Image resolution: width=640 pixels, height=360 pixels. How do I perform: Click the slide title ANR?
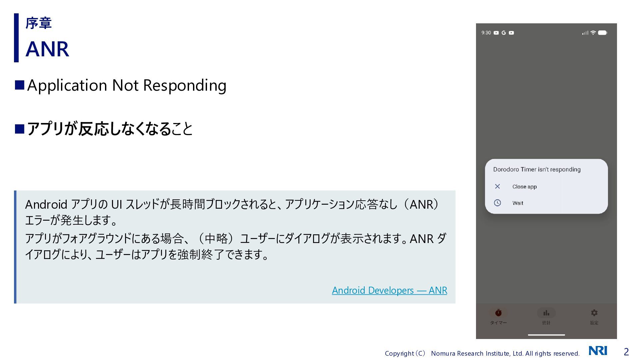[x=47, y=49]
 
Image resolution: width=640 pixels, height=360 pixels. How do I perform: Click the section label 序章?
[x=38, y=23]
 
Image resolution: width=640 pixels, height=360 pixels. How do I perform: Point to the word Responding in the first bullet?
[x=185, y=86]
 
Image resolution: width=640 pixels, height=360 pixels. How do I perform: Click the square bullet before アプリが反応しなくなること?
[x=20, y=129]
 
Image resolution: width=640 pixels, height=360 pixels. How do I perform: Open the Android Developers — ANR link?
[x=389, y=290]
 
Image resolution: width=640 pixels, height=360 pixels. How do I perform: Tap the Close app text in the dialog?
[x=524, y=187]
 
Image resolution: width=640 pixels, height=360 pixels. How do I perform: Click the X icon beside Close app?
[x=497, y=186]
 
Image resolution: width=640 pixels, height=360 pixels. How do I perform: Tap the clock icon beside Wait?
[x=497, y=203]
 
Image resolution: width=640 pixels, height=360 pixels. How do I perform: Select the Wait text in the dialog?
[x=518, y=203]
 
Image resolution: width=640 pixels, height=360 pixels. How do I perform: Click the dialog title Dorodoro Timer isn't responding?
[x=537, y=169]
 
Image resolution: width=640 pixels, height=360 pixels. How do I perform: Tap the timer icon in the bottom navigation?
[x=498, y=313]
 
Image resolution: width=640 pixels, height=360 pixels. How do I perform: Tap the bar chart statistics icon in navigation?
[x=546, y=313]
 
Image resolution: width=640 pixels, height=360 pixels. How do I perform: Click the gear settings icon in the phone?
[x=594, y=313]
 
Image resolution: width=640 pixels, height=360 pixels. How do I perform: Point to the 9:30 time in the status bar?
[x=486, y=33]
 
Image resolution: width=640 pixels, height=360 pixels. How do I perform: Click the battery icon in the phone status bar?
[x=603, y=33]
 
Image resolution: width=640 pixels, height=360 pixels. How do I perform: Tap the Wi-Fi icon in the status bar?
[x=593, y=33]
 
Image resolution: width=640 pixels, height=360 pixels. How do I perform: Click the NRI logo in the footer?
[x=598, y=351]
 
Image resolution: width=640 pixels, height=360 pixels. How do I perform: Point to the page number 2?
[x=626, y=352]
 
